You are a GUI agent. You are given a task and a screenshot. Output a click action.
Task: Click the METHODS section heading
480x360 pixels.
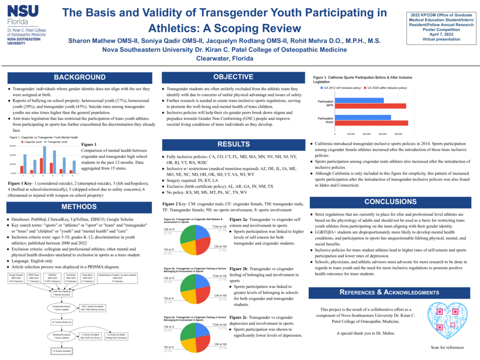pyautogui.click(x=79, y=207)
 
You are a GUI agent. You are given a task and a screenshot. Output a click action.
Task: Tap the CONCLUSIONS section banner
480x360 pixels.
pyautogui.click(x=390, y=202)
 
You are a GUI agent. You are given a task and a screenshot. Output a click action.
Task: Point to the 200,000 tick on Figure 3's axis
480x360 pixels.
pyautogui.click(x=366, y=134)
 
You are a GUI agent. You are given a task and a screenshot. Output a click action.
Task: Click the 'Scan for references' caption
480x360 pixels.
pyautogui.click(x=447, y=347)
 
